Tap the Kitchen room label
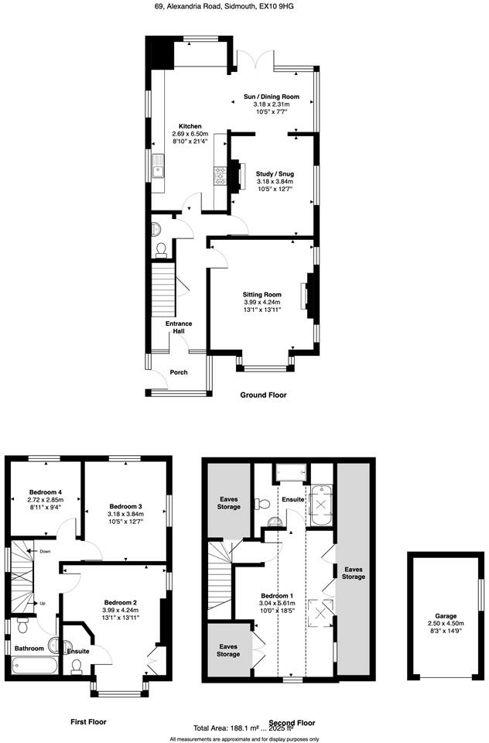pos(190,126)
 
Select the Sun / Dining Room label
pos(272,97)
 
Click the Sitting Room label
pos(262,294)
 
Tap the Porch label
pos(179,372)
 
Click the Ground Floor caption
pos(263,395)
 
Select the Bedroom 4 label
pos(45,492)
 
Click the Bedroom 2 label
pos(121,602)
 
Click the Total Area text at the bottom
pos(244,728)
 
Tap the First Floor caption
pos(88,721)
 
